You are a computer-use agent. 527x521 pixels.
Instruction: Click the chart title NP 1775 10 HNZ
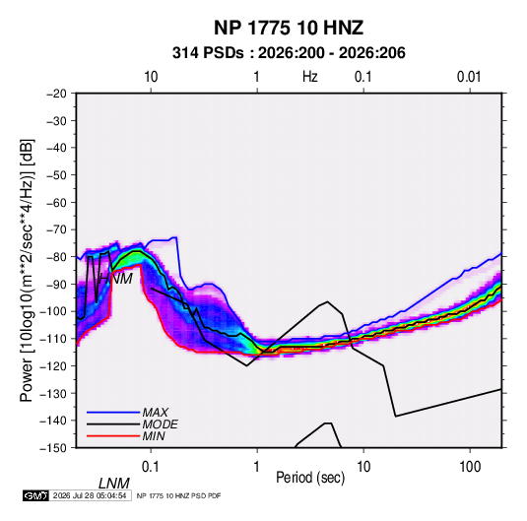tap(289, 28)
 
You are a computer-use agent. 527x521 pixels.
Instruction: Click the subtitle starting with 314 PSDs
tap(289, 53)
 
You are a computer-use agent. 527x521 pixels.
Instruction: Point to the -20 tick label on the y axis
tap(56, 94)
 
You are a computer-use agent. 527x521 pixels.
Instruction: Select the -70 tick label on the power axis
tap(56, 229)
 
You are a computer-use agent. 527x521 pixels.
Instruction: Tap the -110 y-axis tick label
tap(53, 339)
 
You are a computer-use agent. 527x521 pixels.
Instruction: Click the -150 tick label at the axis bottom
tap(53, 448)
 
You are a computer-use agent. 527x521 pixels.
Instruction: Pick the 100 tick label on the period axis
tap(470, 467)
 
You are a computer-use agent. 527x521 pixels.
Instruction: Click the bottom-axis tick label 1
tap(257, 467)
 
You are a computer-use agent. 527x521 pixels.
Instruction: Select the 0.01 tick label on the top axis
tap(469, 77)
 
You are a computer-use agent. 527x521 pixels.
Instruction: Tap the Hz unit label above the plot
tap(310, 77)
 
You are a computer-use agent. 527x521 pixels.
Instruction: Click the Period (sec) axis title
tap(310, 478)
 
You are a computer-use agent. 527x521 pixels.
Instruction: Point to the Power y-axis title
tap(27, 271)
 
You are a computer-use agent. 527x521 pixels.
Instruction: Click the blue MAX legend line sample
tap(113, 412)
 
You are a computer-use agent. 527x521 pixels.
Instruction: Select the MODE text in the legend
tap(160, 424)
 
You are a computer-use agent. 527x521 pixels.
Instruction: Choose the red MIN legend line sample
tap(113, 436)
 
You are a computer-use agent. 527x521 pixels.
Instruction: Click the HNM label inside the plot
tap(116, 279)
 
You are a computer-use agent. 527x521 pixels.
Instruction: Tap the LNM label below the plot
tap(114, 484)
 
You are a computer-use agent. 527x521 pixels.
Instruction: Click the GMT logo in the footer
tap(35, 495)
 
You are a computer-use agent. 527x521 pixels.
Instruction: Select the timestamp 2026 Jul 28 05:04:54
tap(90, 495)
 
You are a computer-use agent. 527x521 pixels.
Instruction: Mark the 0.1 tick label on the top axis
tap(363, 77)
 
